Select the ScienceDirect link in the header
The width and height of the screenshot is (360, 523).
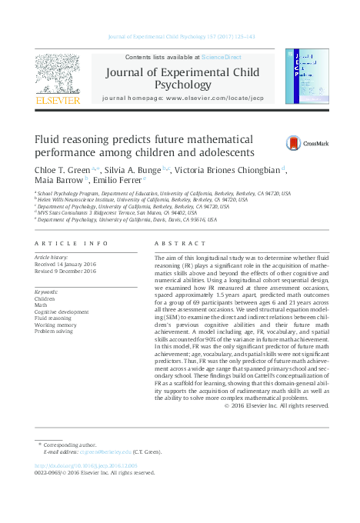coord(222,58)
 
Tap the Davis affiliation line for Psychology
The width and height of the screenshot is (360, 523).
coord(126,219)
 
